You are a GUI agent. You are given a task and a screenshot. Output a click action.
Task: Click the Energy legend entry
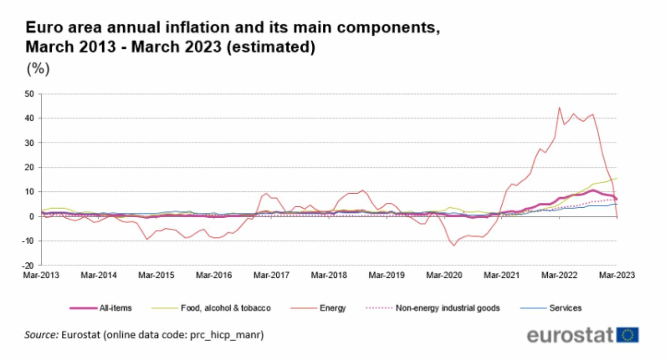(x=336, y=308)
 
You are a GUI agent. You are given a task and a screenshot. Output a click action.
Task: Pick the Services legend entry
(x=566, y=308)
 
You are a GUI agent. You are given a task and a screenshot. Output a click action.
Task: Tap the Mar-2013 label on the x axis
(x=41, y=275)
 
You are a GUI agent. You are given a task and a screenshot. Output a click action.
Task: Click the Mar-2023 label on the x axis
(x=616, y=275)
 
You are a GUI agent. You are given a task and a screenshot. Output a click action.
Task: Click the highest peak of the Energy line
(x=559, y=108)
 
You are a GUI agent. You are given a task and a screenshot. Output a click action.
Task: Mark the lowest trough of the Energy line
(x=454, y=246)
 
